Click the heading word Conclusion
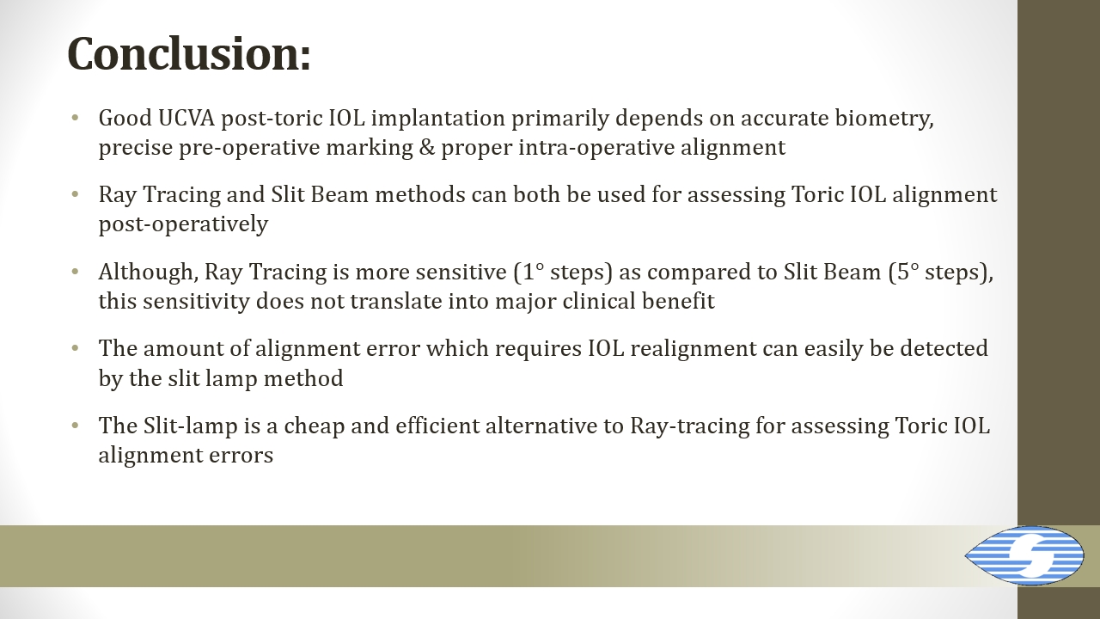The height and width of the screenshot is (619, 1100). [189, 53]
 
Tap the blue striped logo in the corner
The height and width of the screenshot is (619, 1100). [1024, 555]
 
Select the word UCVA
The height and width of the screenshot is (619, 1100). [186, 119]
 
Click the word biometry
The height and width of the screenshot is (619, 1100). [884, 120]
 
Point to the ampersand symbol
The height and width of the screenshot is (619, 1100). [427, 148]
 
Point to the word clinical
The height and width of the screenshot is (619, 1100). [599, 301]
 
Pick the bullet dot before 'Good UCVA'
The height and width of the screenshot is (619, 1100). [75, 118]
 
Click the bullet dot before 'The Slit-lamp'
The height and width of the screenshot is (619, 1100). [75, 425]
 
